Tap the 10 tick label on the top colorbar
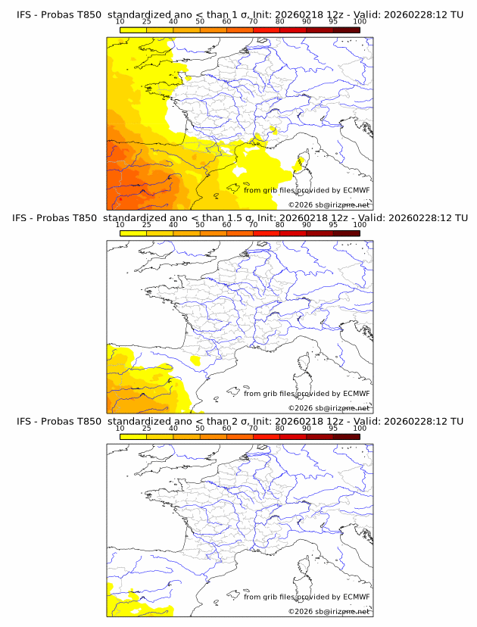coord(120,21)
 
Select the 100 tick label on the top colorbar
coord(360,21)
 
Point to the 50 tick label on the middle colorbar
coord(200,224)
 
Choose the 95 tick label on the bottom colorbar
coord(333,428)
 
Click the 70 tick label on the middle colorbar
coord(253,224)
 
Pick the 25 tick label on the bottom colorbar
coord(146,428)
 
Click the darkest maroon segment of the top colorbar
coord(346,30)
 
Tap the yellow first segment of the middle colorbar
coord(132,233)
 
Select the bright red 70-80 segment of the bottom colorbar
coord(266,436)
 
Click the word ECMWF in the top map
coord(357,190)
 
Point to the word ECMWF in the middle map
coord(357,393)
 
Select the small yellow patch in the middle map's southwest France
coord(196,362)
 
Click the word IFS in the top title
coord(24,15)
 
